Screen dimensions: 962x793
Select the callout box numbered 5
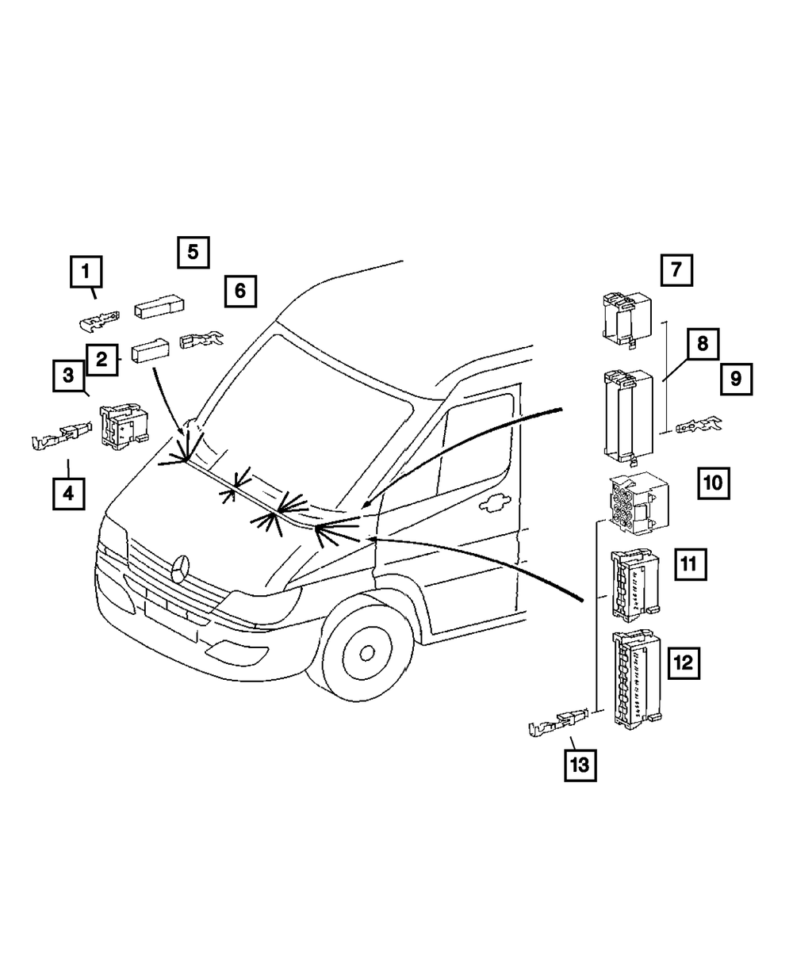pos(193,252)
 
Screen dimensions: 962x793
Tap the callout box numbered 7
pos(676,269)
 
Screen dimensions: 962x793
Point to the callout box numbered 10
pos(713,482)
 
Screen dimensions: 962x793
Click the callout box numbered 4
pos(68,494)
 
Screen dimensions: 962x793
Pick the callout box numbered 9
pos(736,379)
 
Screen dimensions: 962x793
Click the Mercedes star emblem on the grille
pos(182,569)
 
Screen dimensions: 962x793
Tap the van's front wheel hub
pos(366,652)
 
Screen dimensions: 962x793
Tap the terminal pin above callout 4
pos(59,435)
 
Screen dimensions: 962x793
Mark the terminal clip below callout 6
pos(202,341)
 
